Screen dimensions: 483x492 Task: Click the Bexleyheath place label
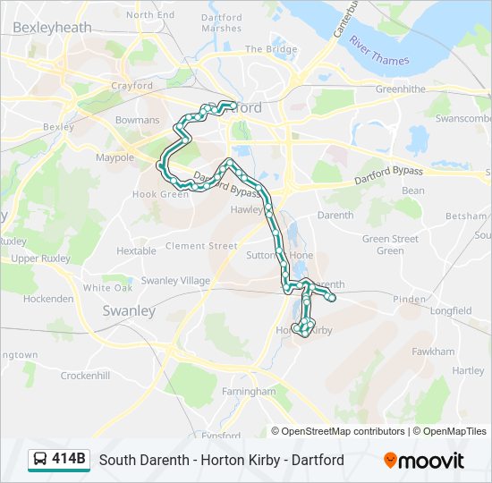[x=53, y=28]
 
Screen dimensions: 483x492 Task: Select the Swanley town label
[x=129, y=311]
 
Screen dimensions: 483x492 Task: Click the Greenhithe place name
[x=400, y=89]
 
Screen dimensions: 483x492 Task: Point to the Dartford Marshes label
[x=221, y=22]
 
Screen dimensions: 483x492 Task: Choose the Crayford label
[x=132, y=86]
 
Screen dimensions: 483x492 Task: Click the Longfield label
[x=451, y=311]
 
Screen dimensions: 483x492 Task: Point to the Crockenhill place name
[x=85, y=377]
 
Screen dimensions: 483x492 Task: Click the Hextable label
[x=136, y=251]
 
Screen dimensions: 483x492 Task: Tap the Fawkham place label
[x=433, y=352]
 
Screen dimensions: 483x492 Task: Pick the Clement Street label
[x=201, y=246]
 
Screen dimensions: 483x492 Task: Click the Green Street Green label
[x=390, y=244]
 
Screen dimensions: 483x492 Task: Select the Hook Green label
[x=161, y=194]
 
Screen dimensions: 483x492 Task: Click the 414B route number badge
[x=69, y=460]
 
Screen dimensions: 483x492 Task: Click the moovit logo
[x=424, y=461]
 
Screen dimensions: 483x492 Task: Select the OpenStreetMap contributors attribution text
[x=343, y=431]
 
